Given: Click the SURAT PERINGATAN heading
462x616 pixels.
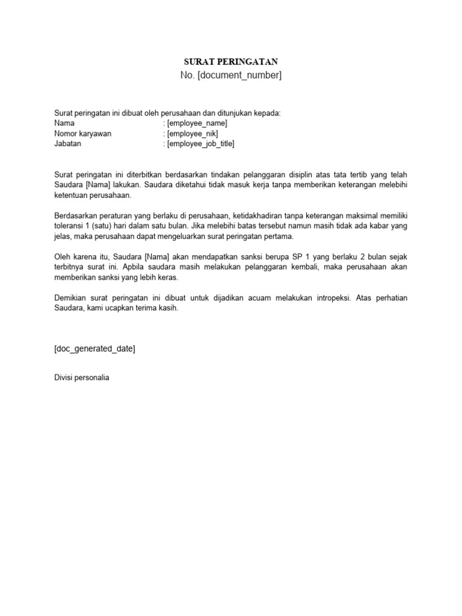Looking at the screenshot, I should click(231, 62).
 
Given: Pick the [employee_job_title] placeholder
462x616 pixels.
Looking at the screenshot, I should click(200, 144).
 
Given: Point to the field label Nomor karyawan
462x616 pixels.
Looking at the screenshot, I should click(82, 134).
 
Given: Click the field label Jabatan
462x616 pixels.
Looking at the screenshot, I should click(67, 144).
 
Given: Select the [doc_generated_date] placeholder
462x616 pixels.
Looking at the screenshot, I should click(94, 349).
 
